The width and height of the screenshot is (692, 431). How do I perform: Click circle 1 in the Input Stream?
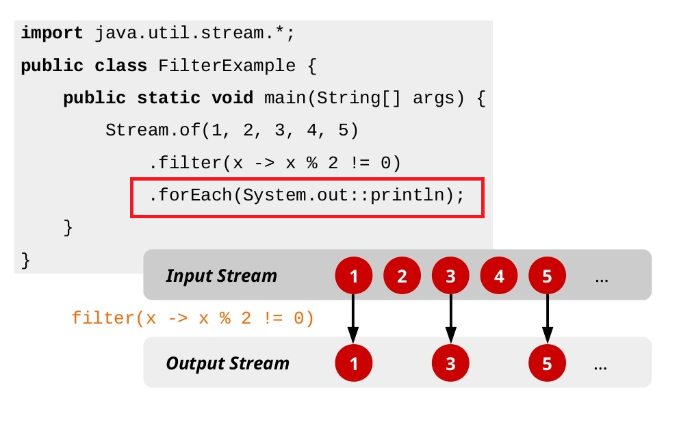[353, 276]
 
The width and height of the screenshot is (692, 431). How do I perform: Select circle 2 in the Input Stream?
[402, 276]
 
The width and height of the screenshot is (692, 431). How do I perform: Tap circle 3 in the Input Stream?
[450, 276]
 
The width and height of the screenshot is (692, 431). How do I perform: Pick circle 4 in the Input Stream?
[499, 276]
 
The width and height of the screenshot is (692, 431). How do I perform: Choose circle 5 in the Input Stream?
[547, 276]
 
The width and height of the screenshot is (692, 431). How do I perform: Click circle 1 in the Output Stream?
[353, 363]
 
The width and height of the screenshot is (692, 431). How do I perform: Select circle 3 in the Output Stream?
[450, 363]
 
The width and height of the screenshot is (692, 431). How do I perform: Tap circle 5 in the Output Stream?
[547, 363]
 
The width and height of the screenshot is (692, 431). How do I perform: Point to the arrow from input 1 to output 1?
[353, 319]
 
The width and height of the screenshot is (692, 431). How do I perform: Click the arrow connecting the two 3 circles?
[450, 319]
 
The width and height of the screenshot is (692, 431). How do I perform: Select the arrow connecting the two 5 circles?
[547, 319]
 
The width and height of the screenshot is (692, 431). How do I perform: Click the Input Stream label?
[221, 276]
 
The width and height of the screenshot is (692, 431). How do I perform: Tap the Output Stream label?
[227, 363]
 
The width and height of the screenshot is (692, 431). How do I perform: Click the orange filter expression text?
[192, 318]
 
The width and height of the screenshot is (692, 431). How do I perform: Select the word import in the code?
[52, 33]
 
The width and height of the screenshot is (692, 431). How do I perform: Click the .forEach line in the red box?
[307, 195]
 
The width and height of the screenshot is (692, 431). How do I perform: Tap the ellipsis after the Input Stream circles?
[602, 278]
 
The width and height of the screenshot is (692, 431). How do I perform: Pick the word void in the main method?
[232, 98]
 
